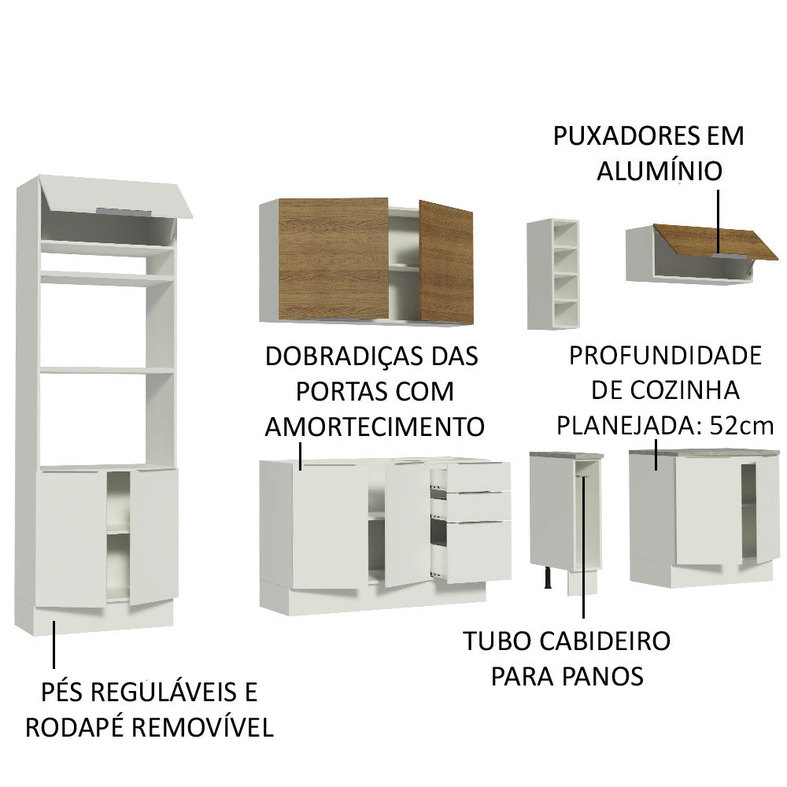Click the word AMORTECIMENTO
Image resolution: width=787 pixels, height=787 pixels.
(374, 427)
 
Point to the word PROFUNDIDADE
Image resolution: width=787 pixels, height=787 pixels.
(664, 356)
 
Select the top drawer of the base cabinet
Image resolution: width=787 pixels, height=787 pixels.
(481, 475)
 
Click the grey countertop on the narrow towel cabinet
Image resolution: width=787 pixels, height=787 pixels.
(564, 454)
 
